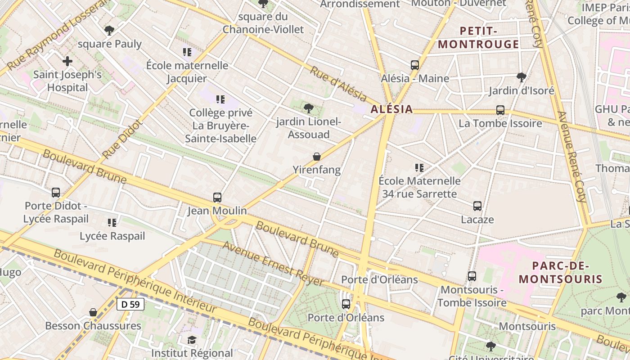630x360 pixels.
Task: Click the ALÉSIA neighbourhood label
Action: (391, 109)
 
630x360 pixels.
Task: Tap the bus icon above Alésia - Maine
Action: (415, 65)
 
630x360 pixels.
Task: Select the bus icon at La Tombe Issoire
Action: (500, 110)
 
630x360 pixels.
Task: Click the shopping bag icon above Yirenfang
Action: (317, 157)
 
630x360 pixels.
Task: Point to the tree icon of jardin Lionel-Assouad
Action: (308, 108)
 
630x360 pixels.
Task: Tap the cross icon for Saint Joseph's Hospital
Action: (67, 61)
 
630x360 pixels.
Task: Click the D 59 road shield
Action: (130, 304)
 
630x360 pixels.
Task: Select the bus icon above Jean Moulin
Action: (217, 198)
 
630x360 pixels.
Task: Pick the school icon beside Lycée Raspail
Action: (112, 222)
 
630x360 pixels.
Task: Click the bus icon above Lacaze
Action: (477, 206)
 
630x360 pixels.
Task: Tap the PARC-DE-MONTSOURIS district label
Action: (560, 272)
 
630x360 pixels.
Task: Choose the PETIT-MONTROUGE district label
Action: (478, 38)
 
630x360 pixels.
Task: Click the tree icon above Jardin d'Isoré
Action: (521, 77)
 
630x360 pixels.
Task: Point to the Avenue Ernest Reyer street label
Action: (273, 264)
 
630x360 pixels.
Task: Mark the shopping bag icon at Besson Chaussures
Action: (93, 312)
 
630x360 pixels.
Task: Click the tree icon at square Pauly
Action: (109, 31)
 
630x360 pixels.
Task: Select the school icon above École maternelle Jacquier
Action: (187, 52)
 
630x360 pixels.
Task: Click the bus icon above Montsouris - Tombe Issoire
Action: (472, 276)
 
